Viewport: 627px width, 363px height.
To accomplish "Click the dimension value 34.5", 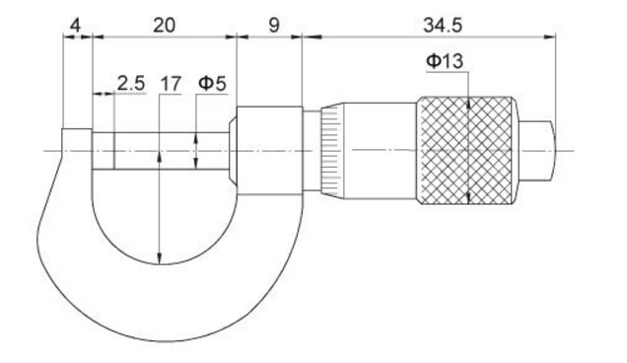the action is [443, 26].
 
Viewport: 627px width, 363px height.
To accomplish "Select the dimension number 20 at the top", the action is [164, 26].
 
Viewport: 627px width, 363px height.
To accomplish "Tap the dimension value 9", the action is [274, 26].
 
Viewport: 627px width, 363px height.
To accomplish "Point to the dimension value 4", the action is [75, 26].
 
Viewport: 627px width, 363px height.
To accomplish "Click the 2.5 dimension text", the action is [131, 83].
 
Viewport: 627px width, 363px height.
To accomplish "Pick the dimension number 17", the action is [171, 84].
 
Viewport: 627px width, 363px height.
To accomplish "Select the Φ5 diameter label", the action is [212, 83].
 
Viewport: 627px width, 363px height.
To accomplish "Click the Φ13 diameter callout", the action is [445, 61].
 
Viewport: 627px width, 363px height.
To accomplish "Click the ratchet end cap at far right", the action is [536, 151].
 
